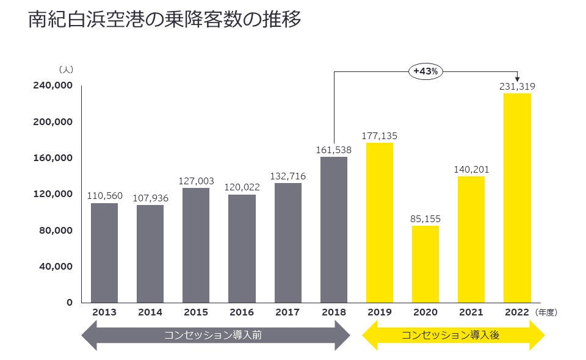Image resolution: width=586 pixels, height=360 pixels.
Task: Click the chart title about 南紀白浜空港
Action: pyautogui.click(x=165, y=20)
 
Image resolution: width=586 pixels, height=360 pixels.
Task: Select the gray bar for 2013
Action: pyautogui.click(x=104, y=253)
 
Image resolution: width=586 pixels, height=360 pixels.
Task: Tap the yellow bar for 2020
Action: pyautogui.click(x=425, y=264)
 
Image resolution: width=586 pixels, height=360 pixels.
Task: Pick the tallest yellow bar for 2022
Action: pyautogui.click(x=517, y=198)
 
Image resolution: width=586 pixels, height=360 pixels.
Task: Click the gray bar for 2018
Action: pyautogui.click(x=333, y=229)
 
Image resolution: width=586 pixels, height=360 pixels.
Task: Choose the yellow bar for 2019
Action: pyautogui.click(x=380, y=223)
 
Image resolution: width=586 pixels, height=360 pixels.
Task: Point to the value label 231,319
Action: pyautogui.click(x=517, y=87)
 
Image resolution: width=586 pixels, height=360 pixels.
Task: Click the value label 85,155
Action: pyautogui.click(x=425, y=218)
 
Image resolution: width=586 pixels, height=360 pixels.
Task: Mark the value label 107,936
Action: pyautogui.click(x=150, y=198)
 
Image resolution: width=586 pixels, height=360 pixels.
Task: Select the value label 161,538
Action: pyautogui.click(x=333, y=149)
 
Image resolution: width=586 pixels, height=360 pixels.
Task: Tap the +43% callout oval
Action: pyautogui.click(x=425, y=71)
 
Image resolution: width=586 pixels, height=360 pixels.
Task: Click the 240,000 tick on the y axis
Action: pyautogui.click(x=52, y=85)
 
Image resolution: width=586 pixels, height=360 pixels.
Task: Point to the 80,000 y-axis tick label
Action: pyautogui.click(x=55, y=230)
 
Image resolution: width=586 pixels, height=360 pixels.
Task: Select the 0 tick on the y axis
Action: pyautogui.click(x=69, y=302)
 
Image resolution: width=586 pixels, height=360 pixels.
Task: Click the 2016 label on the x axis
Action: pyautogui.click(x=242, y=312)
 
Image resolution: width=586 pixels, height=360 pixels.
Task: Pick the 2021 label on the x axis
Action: pyautogui.click(x=471, y=312)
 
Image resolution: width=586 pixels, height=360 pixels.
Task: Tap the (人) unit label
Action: pyautogui.click(x=67, y=70)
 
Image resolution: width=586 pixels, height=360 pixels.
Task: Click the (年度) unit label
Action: pyautogui.click(x=546, y=312)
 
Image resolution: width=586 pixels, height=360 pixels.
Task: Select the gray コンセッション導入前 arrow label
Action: pyautogui.click(x=213, y=335)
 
